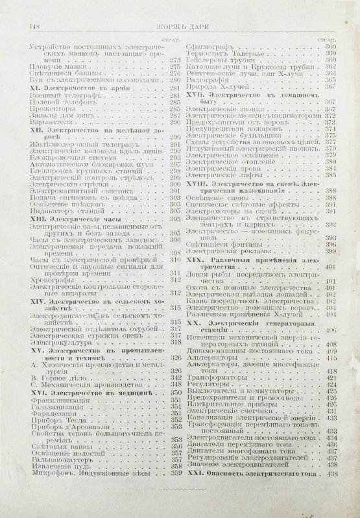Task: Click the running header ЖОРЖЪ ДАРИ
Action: (x=184, y=25)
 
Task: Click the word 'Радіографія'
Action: (x=209, y=79)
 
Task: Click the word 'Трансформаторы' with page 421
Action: (x=222, y=377)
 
